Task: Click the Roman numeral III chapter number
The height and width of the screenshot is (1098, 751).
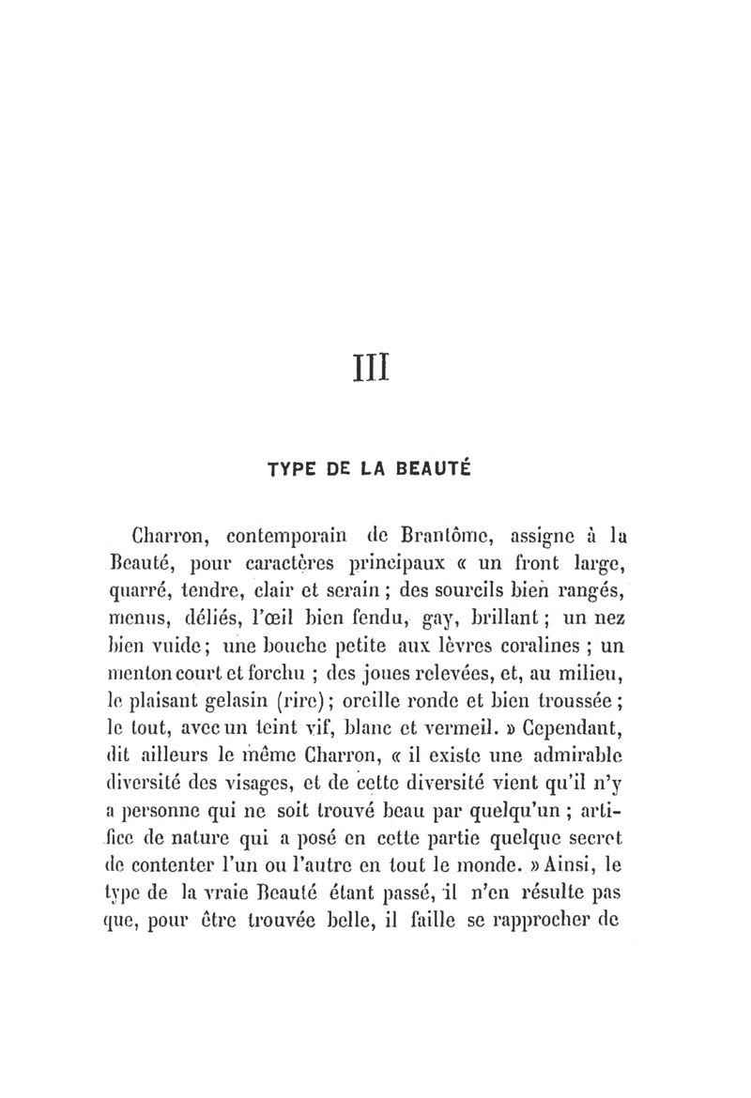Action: click(x=375, y=363)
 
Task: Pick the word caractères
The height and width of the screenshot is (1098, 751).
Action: click(x=294, y=567)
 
